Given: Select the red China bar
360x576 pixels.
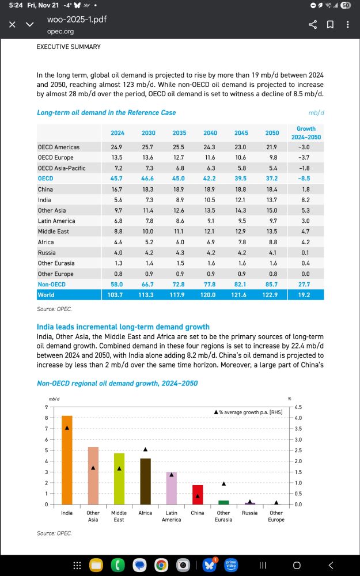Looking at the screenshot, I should [x=197, y=495].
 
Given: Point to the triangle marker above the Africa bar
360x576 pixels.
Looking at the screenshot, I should [x=145, y=449].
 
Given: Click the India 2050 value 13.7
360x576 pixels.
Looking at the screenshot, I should [x=272, y=199].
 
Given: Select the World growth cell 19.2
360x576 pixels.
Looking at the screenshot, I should [x=304, y=295].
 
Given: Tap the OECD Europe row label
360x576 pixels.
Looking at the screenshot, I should [x=55, y=157].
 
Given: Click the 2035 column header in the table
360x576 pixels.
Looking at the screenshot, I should [x=179, y=133].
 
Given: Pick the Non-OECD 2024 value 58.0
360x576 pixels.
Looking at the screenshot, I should [x=118, y=285].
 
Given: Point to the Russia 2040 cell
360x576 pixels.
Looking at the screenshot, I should [x=210, y=252].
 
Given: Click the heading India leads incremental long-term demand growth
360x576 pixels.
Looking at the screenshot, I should [x=123, y=327].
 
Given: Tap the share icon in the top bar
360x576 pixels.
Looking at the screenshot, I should [x=313, y=25].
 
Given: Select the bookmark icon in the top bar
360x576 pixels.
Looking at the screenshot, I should [x=331, y=25].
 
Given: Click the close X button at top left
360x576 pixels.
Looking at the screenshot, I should [x=12, y=25].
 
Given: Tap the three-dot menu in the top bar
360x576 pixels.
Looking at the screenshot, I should [x=347, y=25].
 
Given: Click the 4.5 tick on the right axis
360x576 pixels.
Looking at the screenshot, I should [x=298, y=407].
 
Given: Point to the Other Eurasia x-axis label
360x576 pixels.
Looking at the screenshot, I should [x=223, y=516].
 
